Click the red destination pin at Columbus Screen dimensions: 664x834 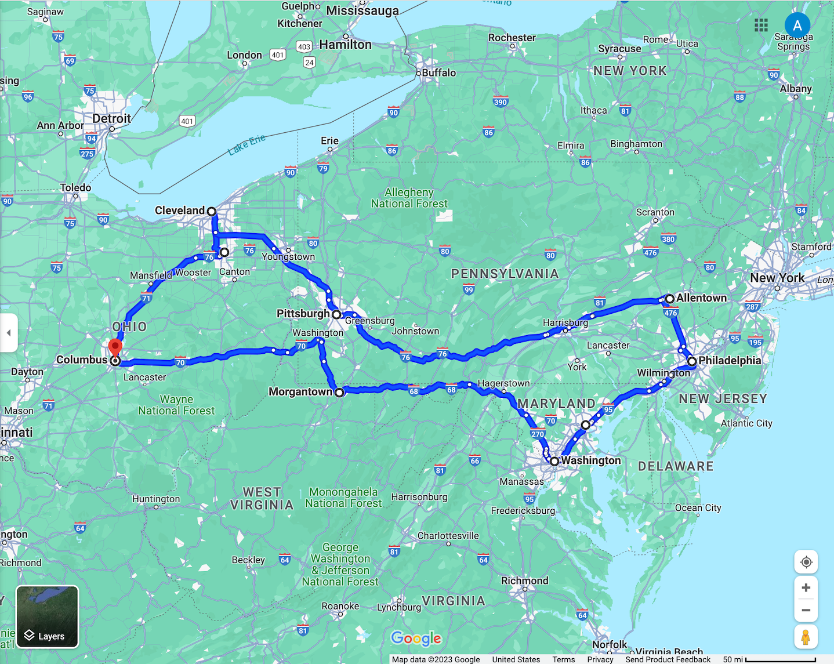tap(115, 348)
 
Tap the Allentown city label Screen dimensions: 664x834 tap(701, 298)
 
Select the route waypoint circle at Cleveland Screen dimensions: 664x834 tap(212, 212)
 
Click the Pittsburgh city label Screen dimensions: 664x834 tap(303, 314)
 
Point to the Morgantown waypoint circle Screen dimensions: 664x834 tap(339, 393)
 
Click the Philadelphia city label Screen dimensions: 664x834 tap(730, 361)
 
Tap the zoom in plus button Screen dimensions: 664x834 tap(806, 588)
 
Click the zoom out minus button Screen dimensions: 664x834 tap(806, 610)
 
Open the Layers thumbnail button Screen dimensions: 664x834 tap(48, 616)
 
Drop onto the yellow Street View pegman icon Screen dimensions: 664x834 tap(806, 637)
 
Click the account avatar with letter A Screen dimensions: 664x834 tap(797, 26)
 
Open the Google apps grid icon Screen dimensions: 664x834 tap(761, 25)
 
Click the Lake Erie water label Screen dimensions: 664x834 tap(246, 144)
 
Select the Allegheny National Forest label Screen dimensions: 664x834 tap(409, 198)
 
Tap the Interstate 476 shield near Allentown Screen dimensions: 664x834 tap(671, 313)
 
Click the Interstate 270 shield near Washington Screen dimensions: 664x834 tap(538, 434)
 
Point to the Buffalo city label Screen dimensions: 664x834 tap(438, 73)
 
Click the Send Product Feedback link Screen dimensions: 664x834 tap(668, 659)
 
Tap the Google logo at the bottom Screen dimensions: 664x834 tap(416, 638)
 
